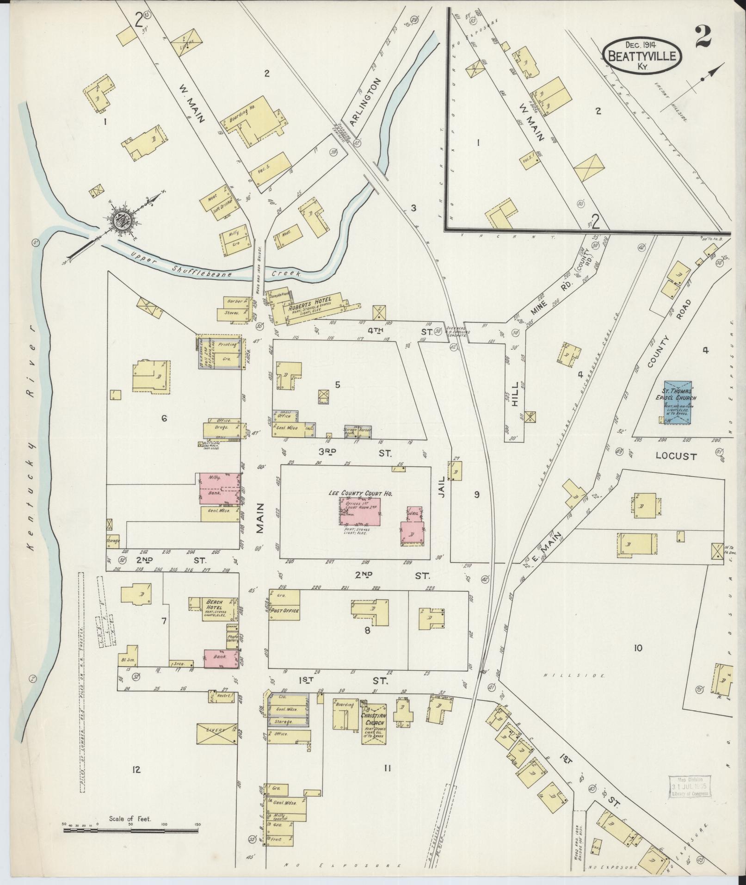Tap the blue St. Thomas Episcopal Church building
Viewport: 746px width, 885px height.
click(x=678, y=402)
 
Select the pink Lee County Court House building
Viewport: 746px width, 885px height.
click(x=362, y=511)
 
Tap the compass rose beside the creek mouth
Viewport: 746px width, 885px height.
click(x=124, y=219)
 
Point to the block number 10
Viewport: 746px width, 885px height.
click(x=638, y=648)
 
